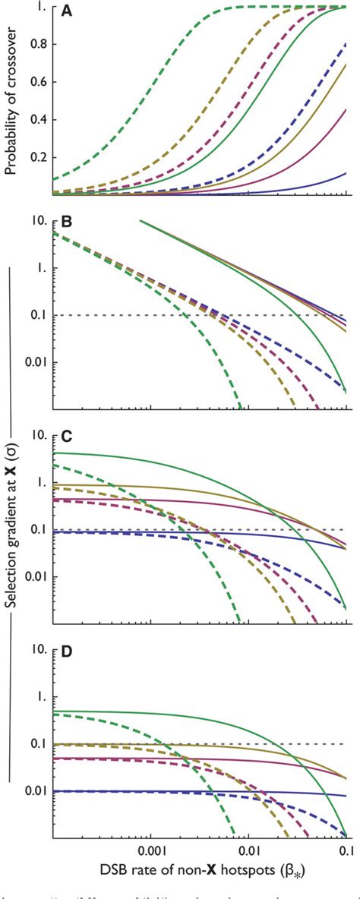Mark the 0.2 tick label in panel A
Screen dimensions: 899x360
tap(38, 158)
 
